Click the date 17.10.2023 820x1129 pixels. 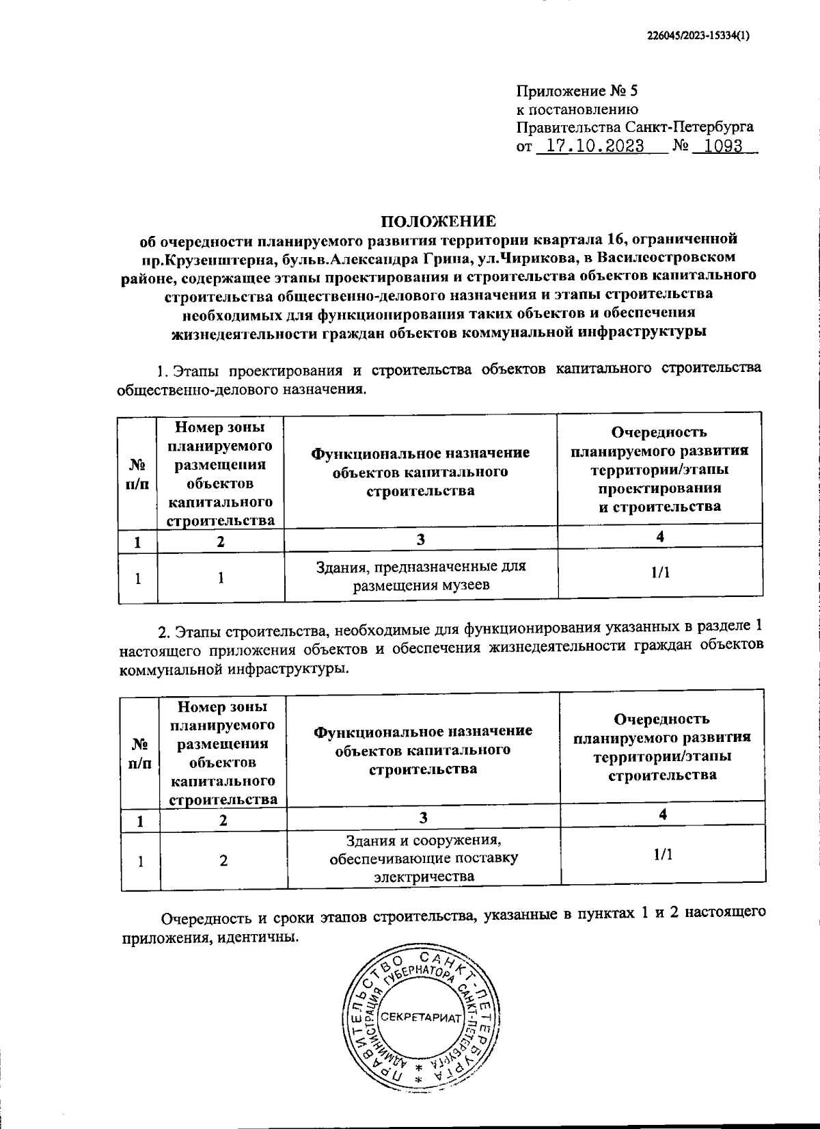tap(592, 146)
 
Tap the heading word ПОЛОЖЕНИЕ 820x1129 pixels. tap(437, 222)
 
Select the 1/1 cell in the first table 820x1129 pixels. tap(659, 573)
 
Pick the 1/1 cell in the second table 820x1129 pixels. tap(662, 854)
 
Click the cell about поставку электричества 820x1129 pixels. tap(423, 858)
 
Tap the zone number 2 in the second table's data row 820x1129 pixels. tap(223, 861)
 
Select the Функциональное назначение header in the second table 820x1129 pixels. tap(423, 749)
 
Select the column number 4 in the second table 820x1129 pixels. tap(662, 814)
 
